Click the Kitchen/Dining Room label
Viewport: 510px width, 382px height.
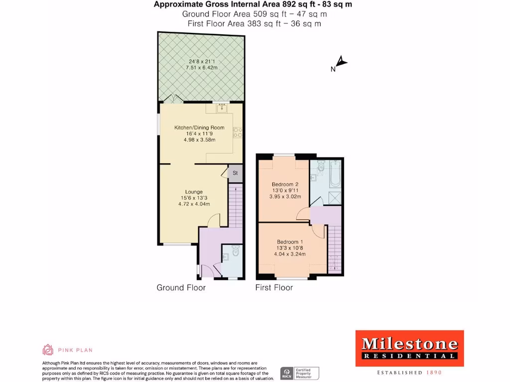pyautogui.click(x=199, y=128)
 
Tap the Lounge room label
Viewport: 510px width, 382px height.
pyautogui.click(x=194, y=192)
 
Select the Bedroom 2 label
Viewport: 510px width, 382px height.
pyautogui.click(x=285, y=184)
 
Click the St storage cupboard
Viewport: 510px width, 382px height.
pyautogui.click(x=235, y=173)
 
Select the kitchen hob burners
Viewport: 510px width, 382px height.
pyautogui.click(x=238, y=132)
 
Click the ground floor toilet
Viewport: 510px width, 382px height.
pyautogui.click(x=236, y=252)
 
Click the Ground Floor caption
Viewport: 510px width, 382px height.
pyautogui.click(x=181, y=287)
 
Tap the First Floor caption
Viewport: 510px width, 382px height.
pyautogui.click(x=274, y=287)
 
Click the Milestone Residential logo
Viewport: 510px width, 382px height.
pyautogui.click(x=409, y=349)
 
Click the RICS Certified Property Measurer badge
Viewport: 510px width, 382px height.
pyautogui.click(x=300, y=373)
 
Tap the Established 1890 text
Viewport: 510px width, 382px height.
pyautogui.click(x=409, y=373)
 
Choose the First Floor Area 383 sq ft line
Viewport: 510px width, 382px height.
pyautogui.click(x=255, y=23)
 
